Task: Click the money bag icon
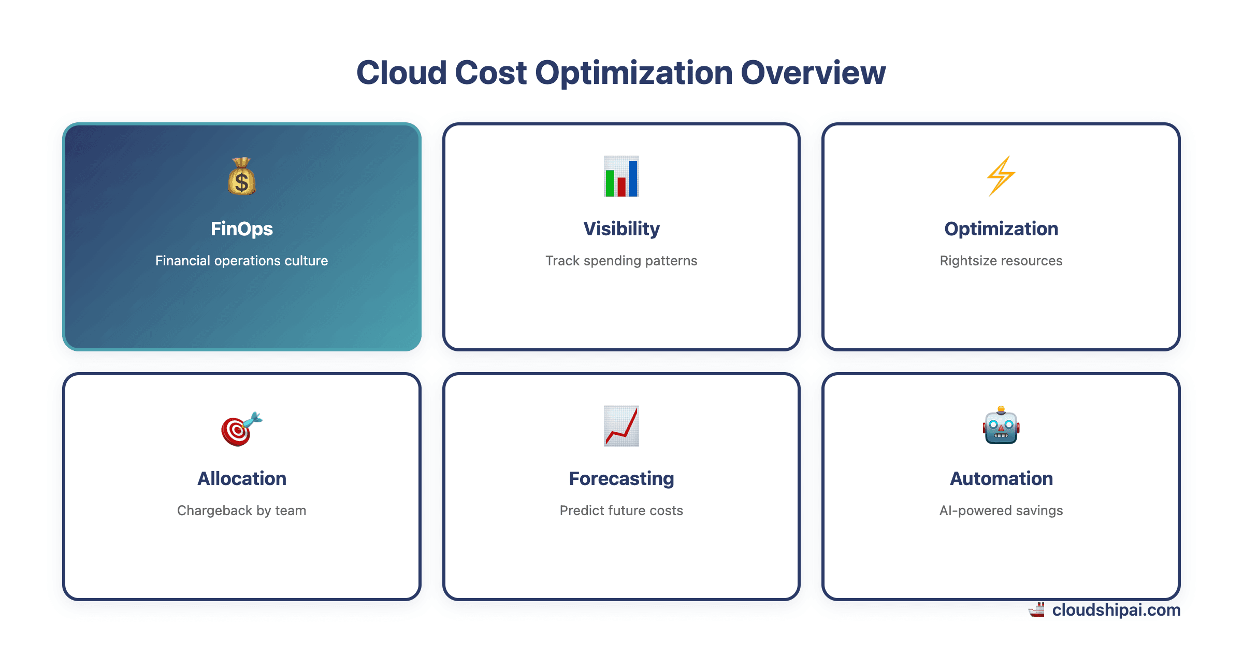241,177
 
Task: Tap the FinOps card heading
241,229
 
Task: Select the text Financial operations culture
241,261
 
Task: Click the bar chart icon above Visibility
621,177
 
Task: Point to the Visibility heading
621,229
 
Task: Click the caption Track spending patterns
621,261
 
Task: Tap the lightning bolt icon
1001,177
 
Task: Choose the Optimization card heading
1001,229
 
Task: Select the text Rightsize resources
1001,261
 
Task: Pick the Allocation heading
241,478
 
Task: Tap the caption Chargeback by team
241,510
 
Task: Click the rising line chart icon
621,426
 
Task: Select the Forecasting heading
621,478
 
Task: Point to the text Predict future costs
621,510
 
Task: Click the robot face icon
1001,426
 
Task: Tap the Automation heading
1001,478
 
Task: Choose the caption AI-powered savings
1001,510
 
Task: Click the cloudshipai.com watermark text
1116,610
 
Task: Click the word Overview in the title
813,73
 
